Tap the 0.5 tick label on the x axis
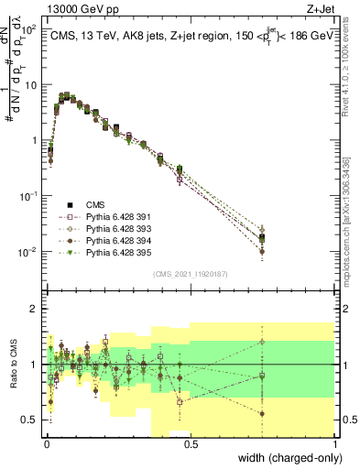(x=191, y=443)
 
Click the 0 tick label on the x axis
(x=47, y=443)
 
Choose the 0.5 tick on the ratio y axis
(x=32, y=420)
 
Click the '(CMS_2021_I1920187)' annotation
(x=190, y=274)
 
